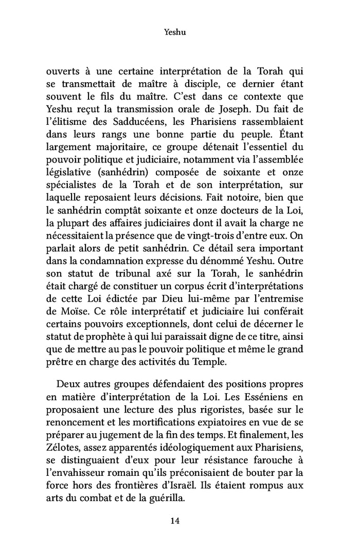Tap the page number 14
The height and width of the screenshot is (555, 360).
point(174,521)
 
